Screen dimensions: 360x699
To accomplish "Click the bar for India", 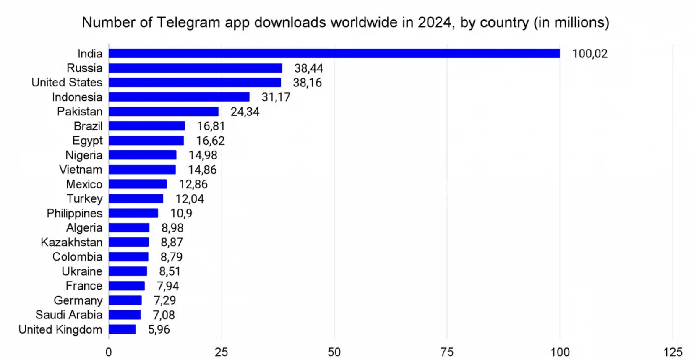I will tap(334, 53).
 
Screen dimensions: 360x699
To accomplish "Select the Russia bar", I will tap(196, 68).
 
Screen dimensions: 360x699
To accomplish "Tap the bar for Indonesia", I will tap(179, 97).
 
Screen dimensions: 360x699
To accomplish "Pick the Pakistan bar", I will tap(164, 112).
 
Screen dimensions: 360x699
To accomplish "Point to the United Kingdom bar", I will tap(122, 329).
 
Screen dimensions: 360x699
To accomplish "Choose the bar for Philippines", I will tap(133, 213).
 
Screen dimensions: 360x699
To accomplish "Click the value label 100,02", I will tap(589, 54).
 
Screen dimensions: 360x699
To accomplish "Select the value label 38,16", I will tap(307, 83).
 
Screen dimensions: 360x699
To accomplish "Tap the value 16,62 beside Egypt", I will tap(210, 141).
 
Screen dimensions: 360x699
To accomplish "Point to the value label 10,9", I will tap(181, 213).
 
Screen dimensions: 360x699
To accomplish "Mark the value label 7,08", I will tap(164, 315).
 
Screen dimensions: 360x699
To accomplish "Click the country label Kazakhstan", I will tap(71, 243).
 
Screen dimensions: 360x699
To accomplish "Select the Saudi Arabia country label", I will tap(69, 315).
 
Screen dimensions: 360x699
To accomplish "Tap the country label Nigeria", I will tap(83, 155).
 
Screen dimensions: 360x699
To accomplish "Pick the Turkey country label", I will tap(84, 199).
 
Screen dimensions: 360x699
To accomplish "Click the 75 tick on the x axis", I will tap(447, 352).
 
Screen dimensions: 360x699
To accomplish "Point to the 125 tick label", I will tap(673, 352).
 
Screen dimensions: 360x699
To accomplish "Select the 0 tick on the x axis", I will tap(109, 352).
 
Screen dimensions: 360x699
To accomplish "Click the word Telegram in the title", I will tap(188, 22).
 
